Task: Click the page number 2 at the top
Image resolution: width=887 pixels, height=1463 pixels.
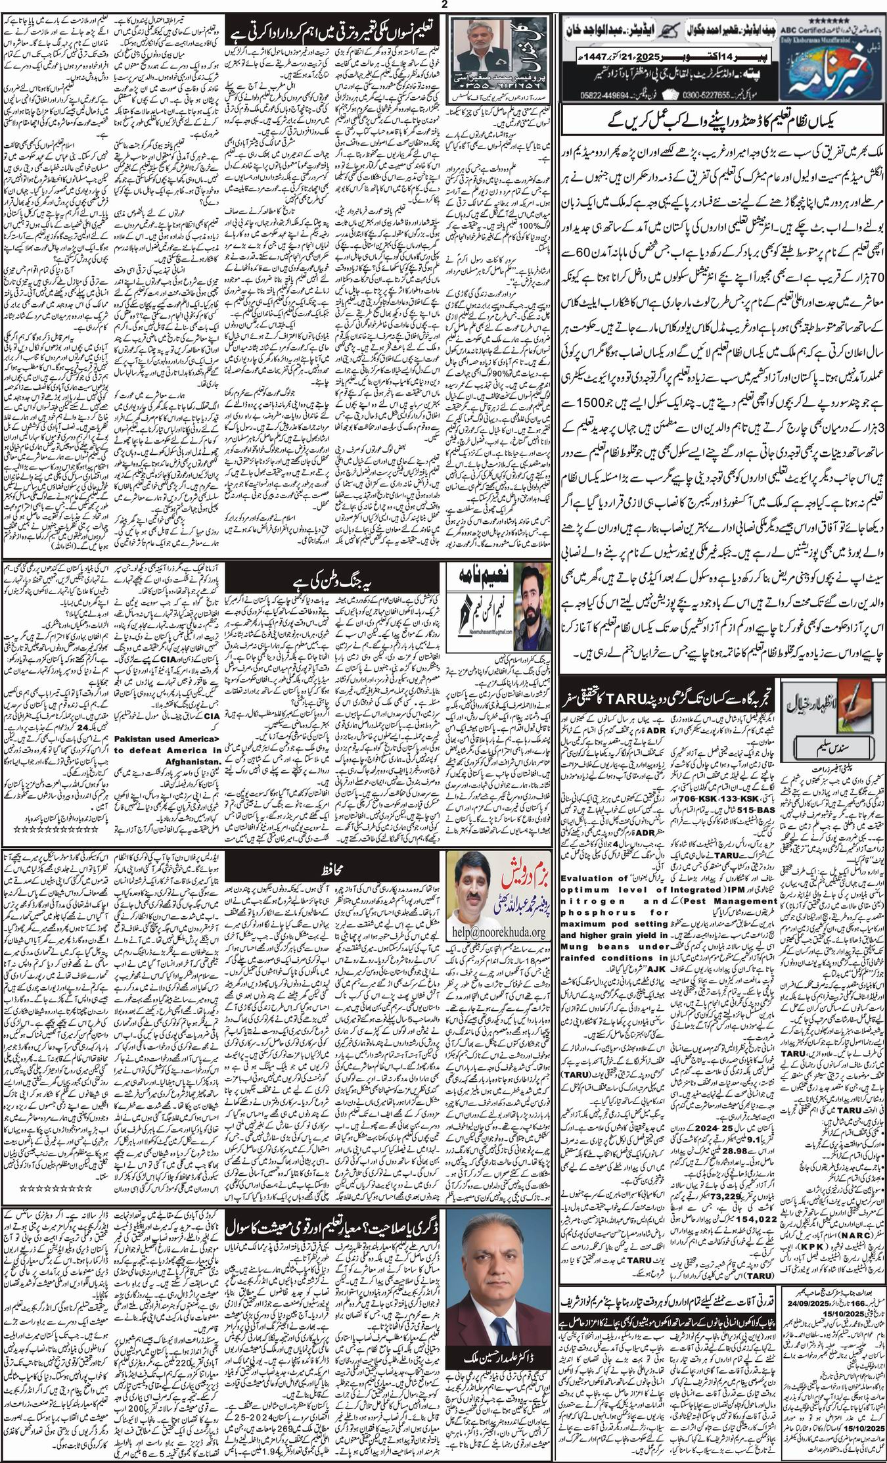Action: click(x=444, y=5)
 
